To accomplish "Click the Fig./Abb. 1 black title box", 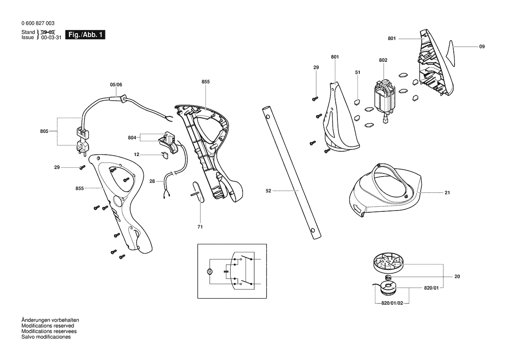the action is point(85,35).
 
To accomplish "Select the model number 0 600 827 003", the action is point(38,23).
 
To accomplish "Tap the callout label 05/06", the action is point(116,85).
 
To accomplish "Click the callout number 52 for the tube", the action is point(268,191).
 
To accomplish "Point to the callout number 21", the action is point(447,193).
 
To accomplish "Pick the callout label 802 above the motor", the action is point(383,60).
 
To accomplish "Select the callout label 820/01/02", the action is point(392,303).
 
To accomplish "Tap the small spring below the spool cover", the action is point(388,278).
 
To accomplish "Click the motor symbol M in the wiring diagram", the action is point(210,271).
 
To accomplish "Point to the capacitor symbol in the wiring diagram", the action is point(226,271).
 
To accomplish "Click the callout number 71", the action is point(200,227).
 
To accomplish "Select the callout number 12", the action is point(136,154).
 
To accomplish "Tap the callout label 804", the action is point(132,138).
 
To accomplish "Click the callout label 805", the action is point(44,131).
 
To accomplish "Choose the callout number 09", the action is point(482,47).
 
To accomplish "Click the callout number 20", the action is point(457,276).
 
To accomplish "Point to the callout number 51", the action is point(357,72).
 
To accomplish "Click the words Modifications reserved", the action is point(48,326).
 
